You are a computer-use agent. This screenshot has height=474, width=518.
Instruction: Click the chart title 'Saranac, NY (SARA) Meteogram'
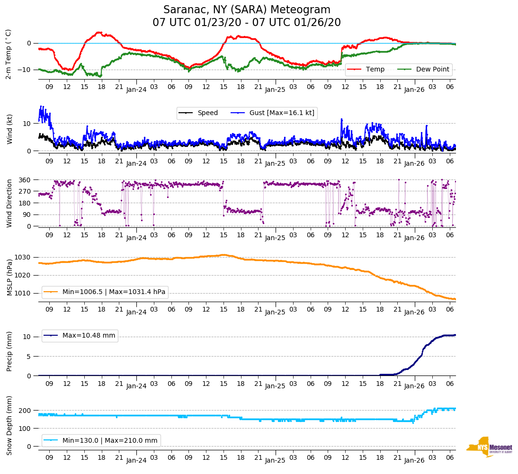click(x=247, y=10)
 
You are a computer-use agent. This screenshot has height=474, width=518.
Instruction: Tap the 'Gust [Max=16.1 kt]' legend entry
click(x=282, y=113)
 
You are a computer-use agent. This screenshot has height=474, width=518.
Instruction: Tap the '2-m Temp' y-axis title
click(x=9, y=54)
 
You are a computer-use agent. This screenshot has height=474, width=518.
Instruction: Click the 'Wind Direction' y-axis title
click(x=9, y=203)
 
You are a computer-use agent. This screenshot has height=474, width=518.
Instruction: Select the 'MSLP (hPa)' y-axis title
click(x=9, y=275)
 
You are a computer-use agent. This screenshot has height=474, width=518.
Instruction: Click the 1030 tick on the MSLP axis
click(x=24, y=257)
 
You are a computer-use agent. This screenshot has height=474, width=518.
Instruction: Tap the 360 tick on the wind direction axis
click(x=25, y=180)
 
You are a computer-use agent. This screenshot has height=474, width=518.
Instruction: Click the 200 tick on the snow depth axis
click(x=25, y=411)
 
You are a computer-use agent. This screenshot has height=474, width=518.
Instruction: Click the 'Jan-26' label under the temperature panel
click(x=414, y=89)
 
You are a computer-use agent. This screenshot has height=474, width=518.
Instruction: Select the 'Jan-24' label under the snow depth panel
click(x=136, y=460)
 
